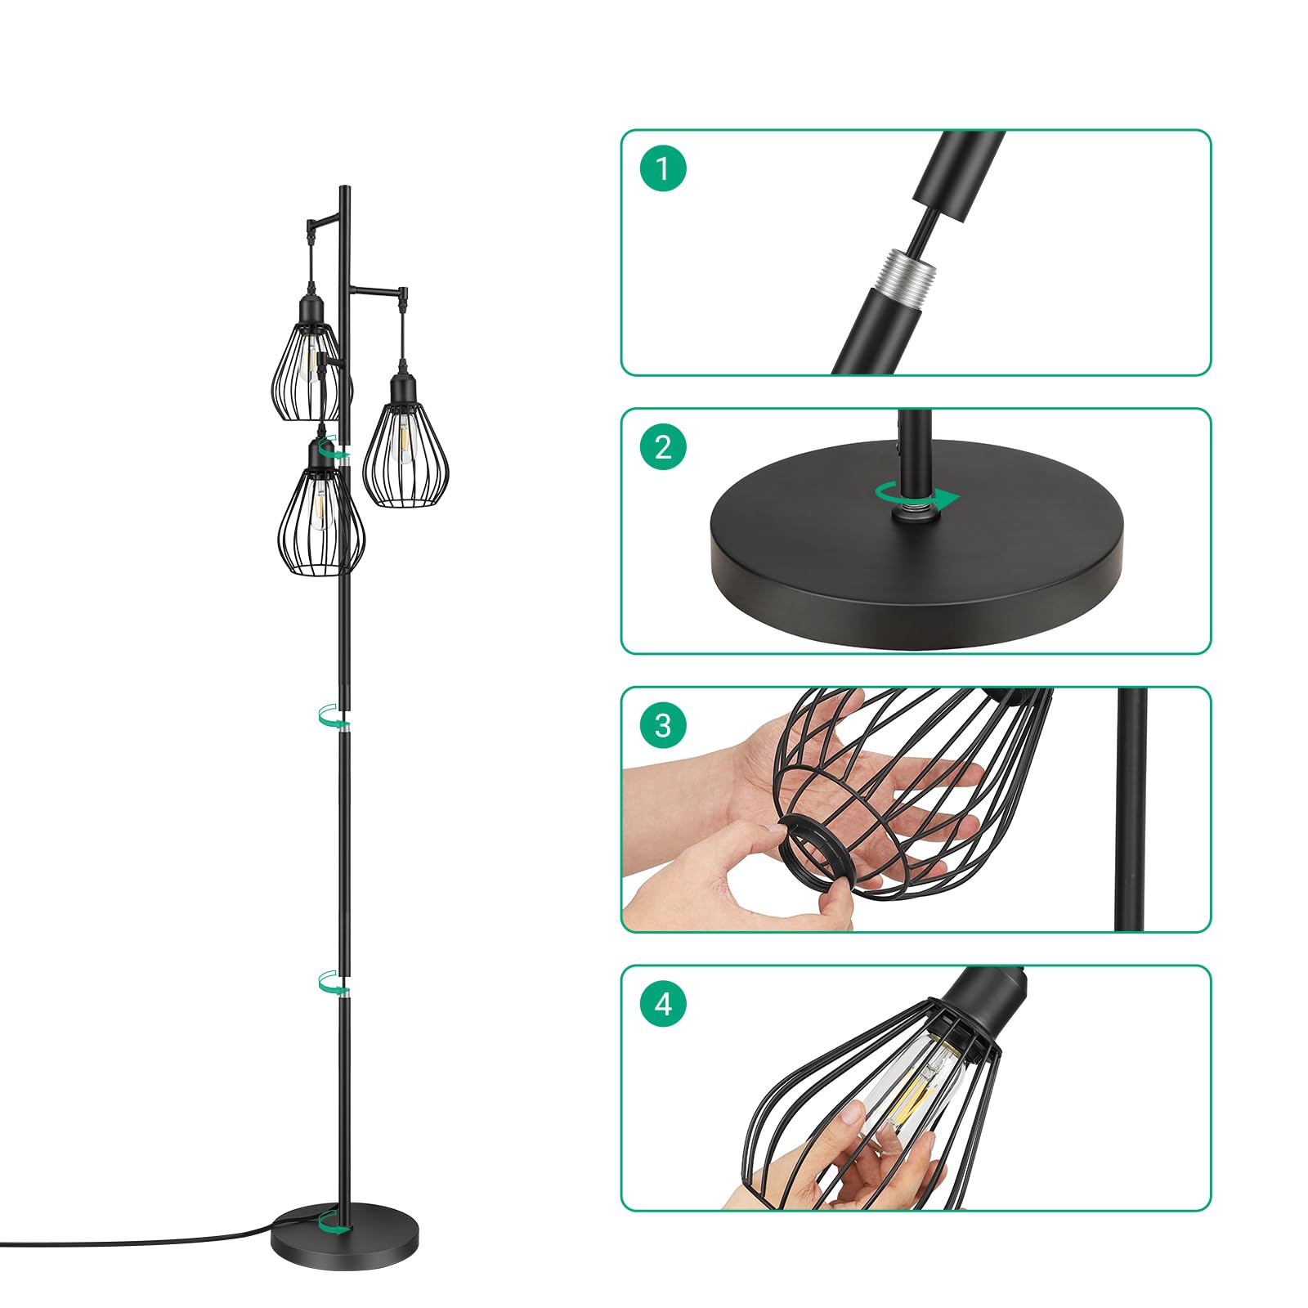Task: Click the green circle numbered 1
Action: pos(663,168)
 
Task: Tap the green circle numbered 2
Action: pos(663,446)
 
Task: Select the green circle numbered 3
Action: pos(663,725)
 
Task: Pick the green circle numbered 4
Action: pos(663,1003)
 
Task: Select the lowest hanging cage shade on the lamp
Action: pos(320,511)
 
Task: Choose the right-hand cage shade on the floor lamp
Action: pos(401,441)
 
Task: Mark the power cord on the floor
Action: pos(139,1239)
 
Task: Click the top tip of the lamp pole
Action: pos(346,187)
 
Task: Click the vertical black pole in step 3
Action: pos(1131,809)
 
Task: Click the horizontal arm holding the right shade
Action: pos(377,289)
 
